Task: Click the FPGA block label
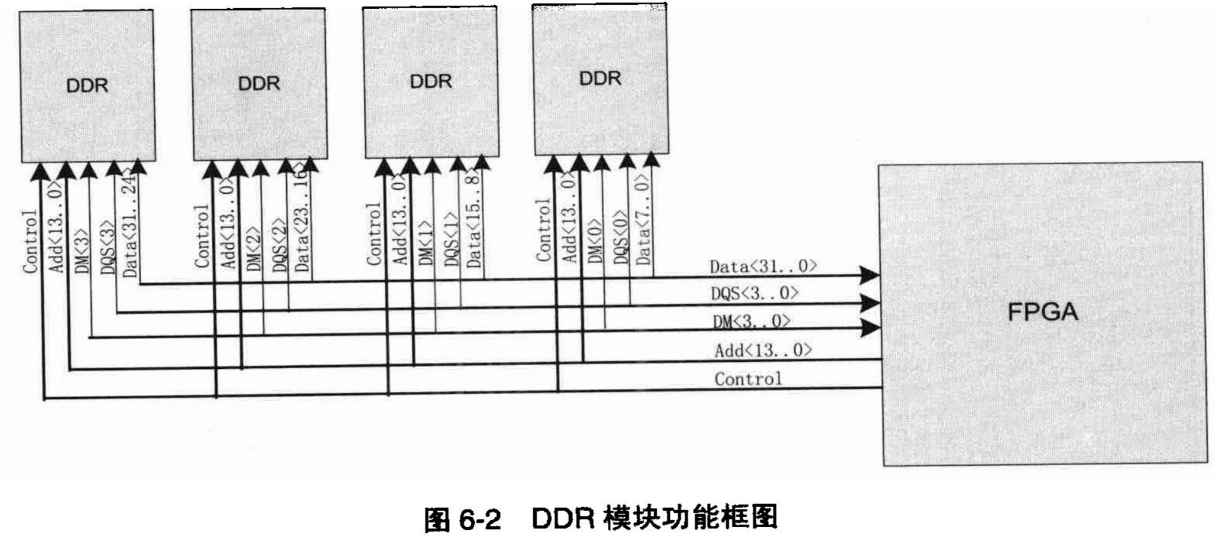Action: [x=1042, y=311]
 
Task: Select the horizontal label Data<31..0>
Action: [x=763, y=266]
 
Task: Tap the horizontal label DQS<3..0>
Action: [x=755, y=293]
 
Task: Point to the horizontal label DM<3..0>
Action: [x=752, y=321]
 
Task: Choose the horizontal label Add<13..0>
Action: [x=763, y=350]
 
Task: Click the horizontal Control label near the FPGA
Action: [x=748, y=379]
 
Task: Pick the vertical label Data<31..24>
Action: [x=130, y=225]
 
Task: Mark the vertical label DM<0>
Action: [x=595, y=241]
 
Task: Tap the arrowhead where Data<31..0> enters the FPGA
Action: [x=869, y=274]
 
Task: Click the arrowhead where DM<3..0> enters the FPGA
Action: [x=869, y=328]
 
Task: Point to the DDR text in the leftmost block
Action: [x=87, y=86]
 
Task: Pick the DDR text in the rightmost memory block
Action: [x=600, y=78]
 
